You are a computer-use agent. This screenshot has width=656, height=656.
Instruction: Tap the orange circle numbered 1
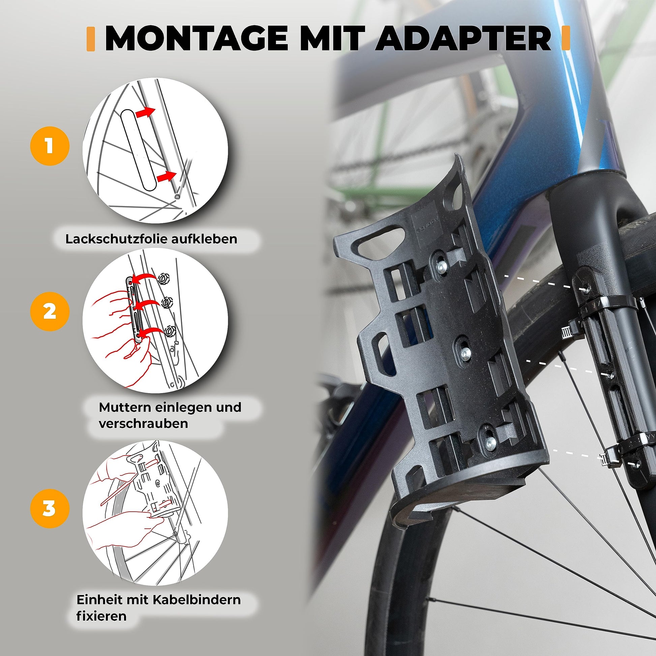point(50,146)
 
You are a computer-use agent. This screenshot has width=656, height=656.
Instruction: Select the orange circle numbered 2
point(50,311)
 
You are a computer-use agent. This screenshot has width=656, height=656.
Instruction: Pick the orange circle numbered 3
point(50,508)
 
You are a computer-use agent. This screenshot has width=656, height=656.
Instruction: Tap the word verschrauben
point(143,424)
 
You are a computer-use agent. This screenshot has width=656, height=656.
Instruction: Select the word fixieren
point(101,616)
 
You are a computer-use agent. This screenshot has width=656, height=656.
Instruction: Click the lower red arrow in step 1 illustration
point(167,176)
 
